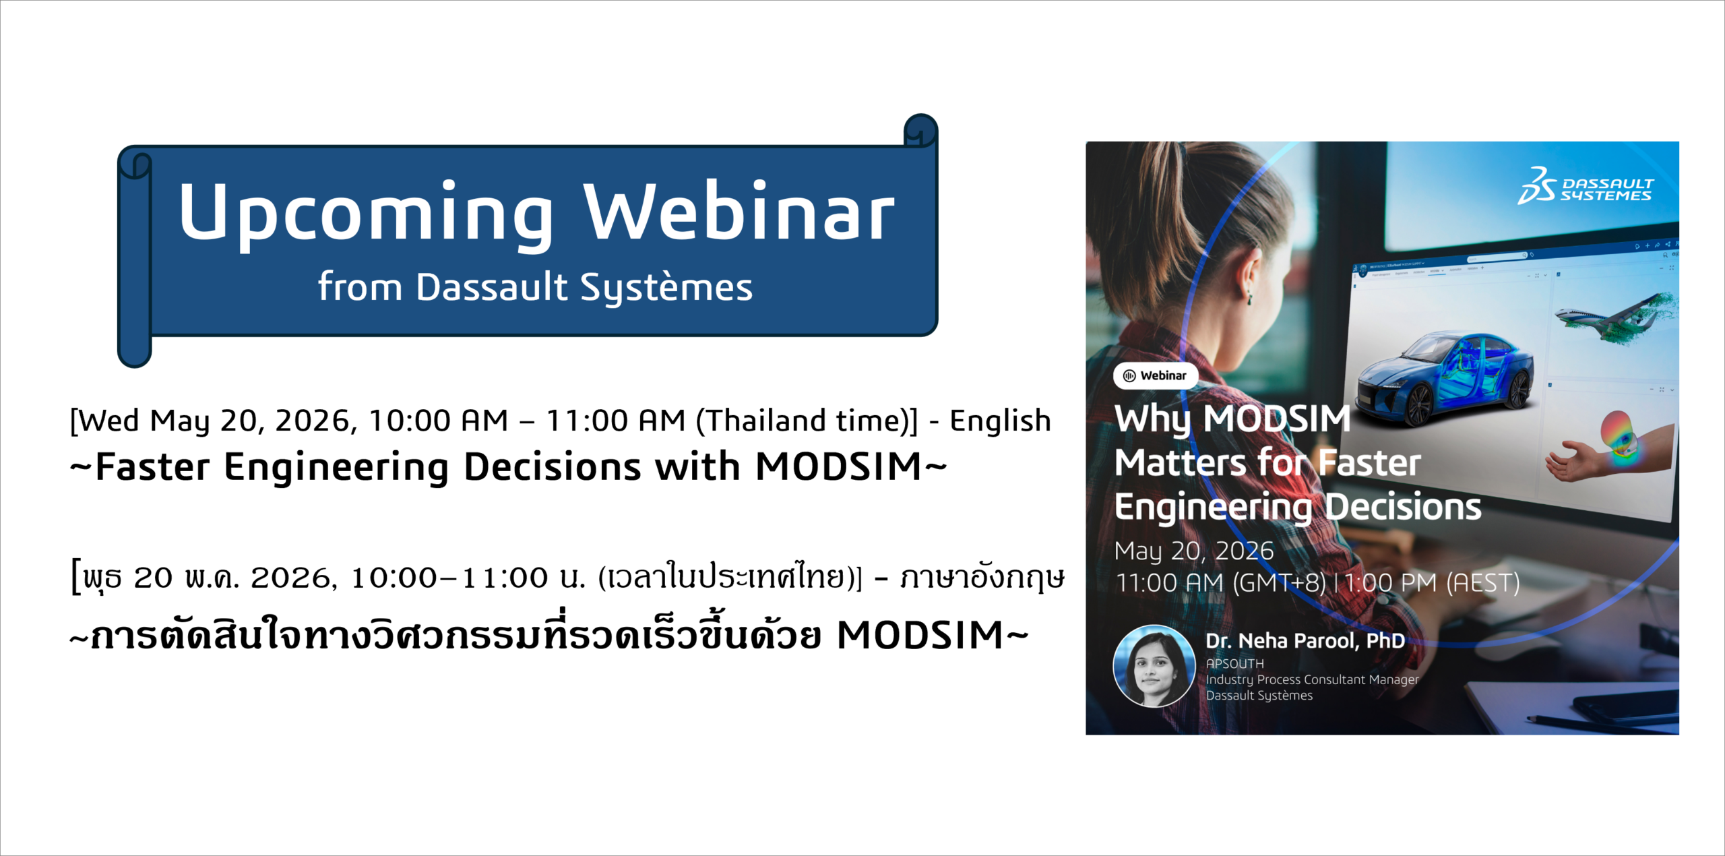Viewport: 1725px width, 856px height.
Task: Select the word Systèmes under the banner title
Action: click(x=666, y=288)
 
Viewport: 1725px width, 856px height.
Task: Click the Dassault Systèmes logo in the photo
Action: click(x=1586, y=186)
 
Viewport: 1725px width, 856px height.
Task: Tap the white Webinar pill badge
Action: click(x=1156, y=375)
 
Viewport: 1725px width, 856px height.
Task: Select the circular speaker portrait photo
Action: click(x=1154, y=666)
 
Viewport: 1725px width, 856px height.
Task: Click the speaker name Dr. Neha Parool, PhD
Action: click(x=1305, y=640)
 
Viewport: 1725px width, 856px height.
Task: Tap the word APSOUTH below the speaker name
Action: click(x=1234, y=664)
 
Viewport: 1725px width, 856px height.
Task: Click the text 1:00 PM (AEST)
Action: click(x=1432, y=582)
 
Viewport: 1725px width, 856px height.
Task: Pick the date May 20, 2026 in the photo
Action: click(x=1194, y=551)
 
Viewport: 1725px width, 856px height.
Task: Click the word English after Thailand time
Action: click(x=1000, y=421)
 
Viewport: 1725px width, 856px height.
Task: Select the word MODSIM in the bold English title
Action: click(x=838, y=466)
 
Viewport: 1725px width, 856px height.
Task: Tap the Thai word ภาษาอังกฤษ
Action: click(x=982, y=578)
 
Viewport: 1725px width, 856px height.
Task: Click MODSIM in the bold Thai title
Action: click(x=920, y=636)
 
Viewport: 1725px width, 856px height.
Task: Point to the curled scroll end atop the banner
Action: click(x=920, y=130)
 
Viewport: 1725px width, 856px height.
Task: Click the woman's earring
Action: click(x=1249, y=296)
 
